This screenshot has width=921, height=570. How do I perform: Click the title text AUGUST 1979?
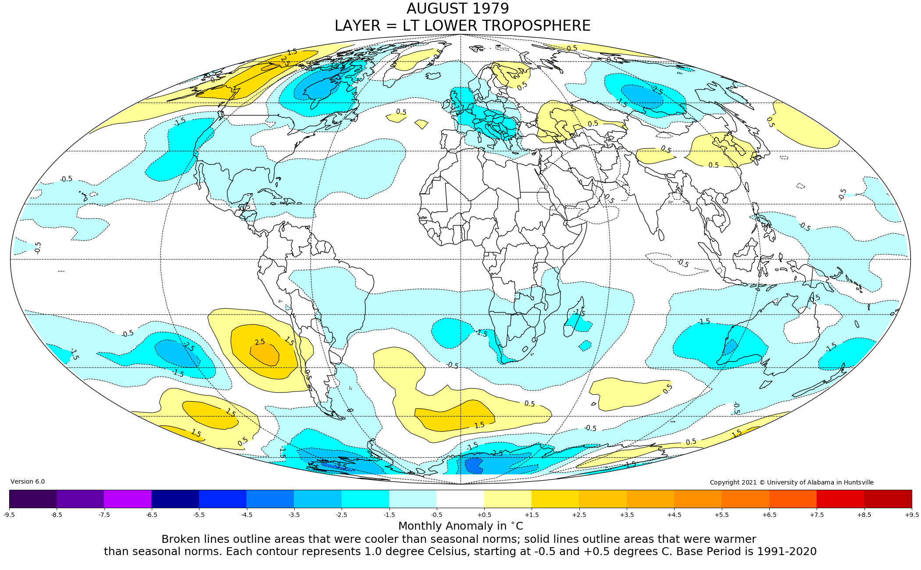click(457, 9)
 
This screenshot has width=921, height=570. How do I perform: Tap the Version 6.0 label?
click(28, 481)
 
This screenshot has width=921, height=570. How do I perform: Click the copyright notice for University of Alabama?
click(792, 482)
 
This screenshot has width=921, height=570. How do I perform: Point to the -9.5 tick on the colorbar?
click(9, 515)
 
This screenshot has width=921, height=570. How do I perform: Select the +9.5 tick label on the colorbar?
click(911, 515)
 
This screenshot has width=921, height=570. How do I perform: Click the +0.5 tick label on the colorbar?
click(484, 515)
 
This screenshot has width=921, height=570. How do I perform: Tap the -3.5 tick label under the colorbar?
click(294, 515)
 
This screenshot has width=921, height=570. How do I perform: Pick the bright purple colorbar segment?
click(128, 499)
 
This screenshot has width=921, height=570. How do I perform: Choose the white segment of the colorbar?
click(460, 499)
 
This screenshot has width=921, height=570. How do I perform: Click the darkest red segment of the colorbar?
click(888, 499)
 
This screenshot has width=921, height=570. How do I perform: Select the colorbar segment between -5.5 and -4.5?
click(223, 499)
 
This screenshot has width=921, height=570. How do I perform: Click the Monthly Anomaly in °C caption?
click(460, 526)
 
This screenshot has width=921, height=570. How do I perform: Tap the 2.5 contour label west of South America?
click(260, 342)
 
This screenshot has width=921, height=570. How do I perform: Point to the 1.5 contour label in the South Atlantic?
click(479, 425)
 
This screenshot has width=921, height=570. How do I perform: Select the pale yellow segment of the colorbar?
click(508, 499)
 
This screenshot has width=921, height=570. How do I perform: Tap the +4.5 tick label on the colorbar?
click(674, 515)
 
